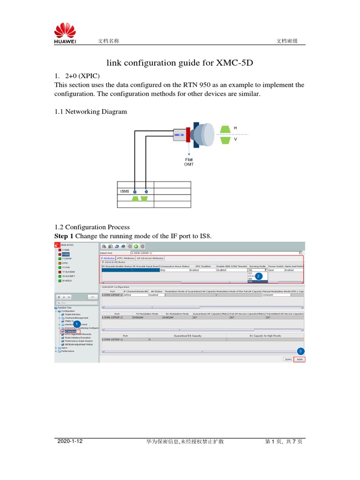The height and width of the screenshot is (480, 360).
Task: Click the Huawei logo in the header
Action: click(65, 34)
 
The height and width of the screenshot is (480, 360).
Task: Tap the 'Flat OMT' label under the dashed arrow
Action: click(188, 162)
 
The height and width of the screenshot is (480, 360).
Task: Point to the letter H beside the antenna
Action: click(235, 127)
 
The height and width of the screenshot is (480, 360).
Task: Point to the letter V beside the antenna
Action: click(235, 139)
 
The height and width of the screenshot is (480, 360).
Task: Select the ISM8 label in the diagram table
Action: click(124, 191)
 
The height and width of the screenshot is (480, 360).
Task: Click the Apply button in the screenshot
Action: click(300, 359)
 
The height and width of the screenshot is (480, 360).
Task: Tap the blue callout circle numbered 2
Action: click(258, 277)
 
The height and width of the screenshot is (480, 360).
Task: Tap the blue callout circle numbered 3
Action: click(300, 351)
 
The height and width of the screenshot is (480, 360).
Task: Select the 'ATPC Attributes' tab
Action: click(126, 258)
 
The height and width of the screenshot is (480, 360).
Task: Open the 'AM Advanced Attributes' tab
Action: click(150, 258)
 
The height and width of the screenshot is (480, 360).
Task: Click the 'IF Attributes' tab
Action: click(107, 258)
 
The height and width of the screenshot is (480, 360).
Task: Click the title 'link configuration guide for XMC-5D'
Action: click(180, 63)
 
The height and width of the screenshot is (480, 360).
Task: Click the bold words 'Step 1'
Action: click(64, 236)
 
